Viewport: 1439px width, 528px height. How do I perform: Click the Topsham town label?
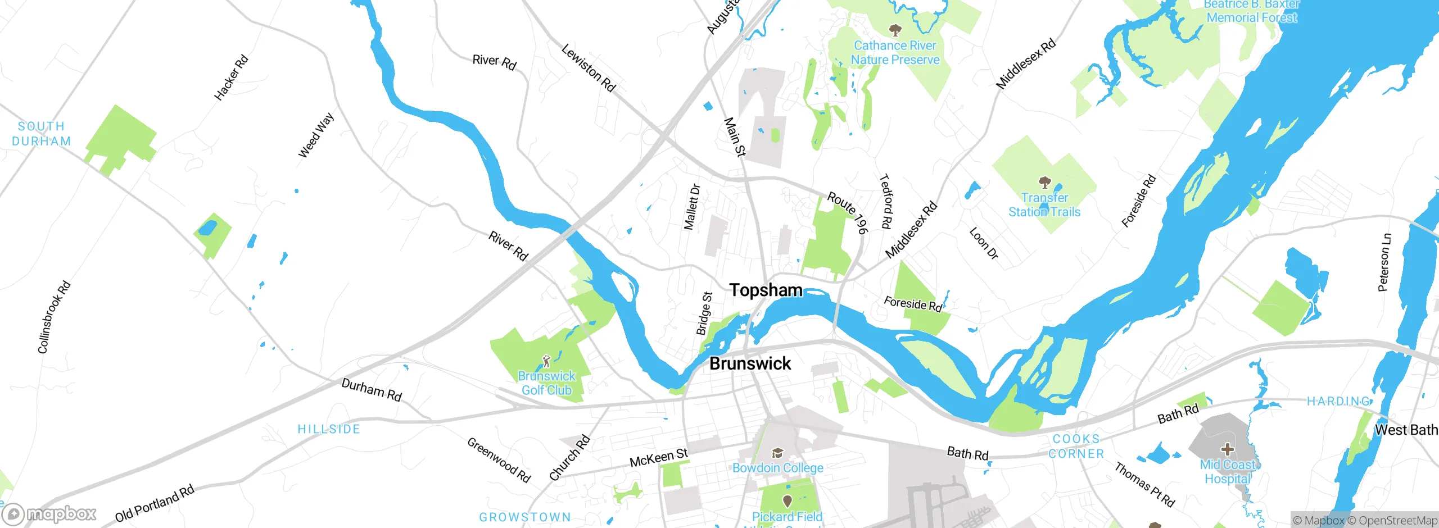766,290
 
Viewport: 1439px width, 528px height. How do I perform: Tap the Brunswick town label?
750,363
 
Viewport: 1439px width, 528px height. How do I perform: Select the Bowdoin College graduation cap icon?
777,453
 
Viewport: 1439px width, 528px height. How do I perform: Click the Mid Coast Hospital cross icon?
1228,449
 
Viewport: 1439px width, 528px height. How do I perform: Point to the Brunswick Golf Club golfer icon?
546,361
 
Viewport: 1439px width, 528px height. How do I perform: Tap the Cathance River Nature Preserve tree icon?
895,30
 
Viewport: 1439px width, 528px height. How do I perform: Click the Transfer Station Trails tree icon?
1044,183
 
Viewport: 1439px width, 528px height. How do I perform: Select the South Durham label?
42,134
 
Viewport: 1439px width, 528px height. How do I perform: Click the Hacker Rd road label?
231,78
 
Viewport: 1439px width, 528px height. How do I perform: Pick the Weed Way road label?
316,135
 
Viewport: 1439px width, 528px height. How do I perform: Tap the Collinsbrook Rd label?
54,317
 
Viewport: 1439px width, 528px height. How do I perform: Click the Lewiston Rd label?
589,68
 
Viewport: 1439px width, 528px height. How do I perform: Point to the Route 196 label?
848,213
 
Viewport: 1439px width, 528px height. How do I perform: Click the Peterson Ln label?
1384,262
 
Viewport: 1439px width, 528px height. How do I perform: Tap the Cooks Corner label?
1076,446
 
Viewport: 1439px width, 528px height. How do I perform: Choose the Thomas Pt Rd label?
1144,484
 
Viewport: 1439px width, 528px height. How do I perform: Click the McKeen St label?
658,458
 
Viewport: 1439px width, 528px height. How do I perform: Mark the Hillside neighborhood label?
328,429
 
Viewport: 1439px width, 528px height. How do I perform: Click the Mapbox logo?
49,514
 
